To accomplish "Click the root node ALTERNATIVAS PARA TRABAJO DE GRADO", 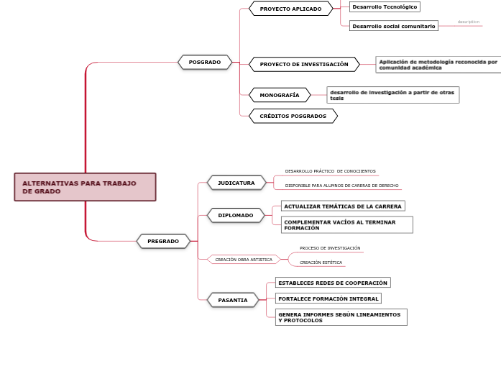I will pyautogui.click(x=84, y=187).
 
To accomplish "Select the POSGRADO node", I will pyautogui.click(x=205, y=63).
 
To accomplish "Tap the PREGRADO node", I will pyautogui.click(x=163, y=241).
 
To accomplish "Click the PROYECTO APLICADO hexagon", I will pyautogui.click(x=291, y=9).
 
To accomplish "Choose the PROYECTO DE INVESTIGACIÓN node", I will pyautogui.click(x=304, y=64).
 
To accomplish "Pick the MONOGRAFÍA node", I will pyautogui.click(x=280, y=95).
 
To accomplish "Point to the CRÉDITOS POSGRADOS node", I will pyautogui.click(x=293, y=116).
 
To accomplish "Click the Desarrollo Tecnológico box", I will pyautogui.click(x=384, y=6).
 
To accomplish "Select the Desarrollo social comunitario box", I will pyautogui.click(x=393, y=26).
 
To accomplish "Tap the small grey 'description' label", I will pyautogui.click(x=468, y=22).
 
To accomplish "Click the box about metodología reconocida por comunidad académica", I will pyautogui.click(x=438, y=65).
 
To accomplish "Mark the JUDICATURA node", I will pyautogui.click(x=236, y=183).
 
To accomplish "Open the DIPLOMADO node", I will pyautogui.click(x=236, y=215).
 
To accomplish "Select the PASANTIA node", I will pyautogui.click(x=233, y=300).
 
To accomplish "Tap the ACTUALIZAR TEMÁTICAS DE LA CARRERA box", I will pyautogui.click(x=342, y=206).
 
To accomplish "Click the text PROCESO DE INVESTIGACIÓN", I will pyautogui.click(x=330, y=248).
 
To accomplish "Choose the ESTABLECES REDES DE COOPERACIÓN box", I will pyautogui.click(x=332, y=283).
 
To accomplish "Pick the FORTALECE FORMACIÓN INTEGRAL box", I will pyautogui.click(x=328, y=298).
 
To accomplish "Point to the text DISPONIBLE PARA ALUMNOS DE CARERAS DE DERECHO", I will pyautogui.click(x=341, y=186).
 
